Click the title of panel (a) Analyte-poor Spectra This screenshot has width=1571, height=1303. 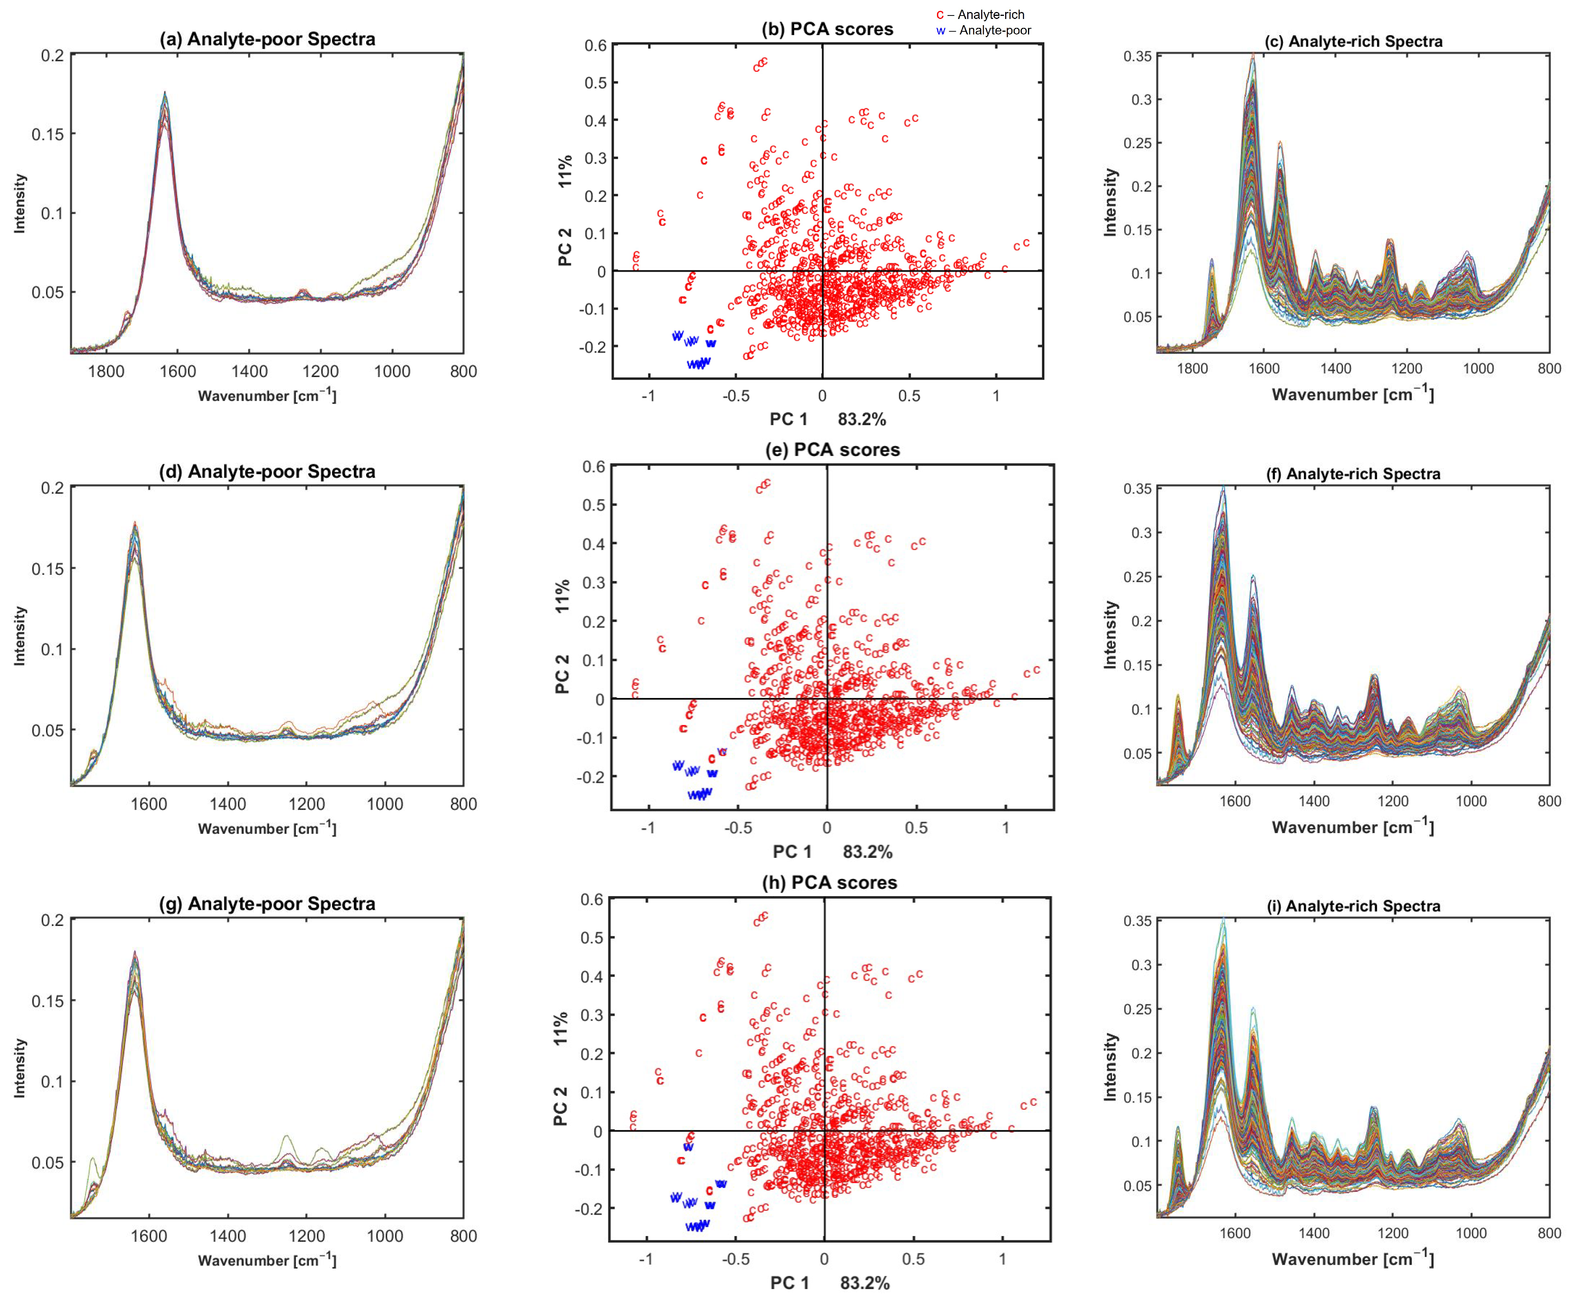coord(267,39)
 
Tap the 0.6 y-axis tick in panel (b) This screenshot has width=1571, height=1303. coord(596,45)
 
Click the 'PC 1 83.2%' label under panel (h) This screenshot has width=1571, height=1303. coord(830,1283)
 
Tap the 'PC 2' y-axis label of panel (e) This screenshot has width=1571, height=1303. coord(563,674)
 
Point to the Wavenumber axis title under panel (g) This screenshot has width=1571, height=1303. coord(267,1260)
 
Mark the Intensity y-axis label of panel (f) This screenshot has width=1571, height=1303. coord(1110,634)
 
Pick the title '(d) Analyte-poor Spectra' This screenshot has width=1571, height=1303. coord(267,471)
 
